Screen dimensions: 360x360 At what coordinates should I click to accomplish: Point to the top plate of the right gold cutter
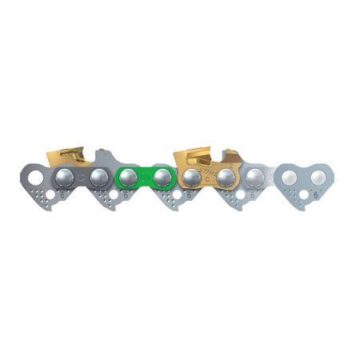coord(200,151)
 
